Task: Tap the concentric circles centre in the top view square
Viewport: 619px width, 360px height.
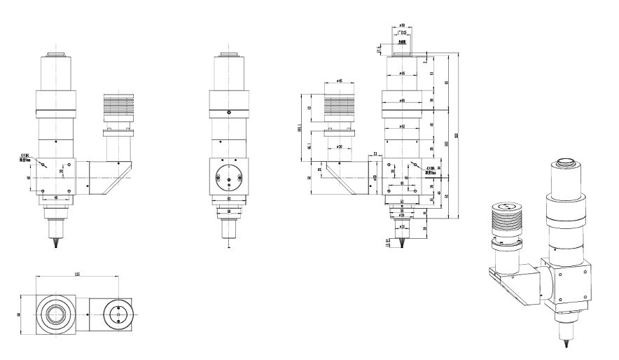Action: pyautogui.click(x=54, y=314)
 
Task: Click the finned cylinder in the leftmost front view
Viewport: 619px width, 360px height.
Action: pyautogui.click(x=116, y=109)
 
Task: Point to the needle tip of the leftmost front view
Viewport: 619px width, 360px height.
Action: pyautogui.click(x=55, y=248)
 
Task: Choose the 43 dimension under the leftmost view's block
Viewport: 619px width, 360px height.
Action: pyautogui.click(x=55, y=198)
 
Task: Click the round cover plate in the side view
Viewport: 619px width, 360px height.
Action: pyautogui.click(x=229, y=178)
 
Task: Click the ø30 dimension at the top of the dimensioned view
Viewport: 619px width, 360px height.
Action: pyautogui.click(x=402, y=26)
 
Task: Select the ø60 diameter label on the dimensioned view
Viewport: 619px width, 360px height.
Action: pyautogui.click(x=402, y=100)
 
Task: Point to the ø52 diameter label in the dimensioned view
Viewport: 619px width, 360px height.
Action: pyautogui.click(x=402, y=126)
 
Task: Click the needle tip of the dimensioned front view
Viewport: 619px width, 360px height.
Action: pyautogui.click(x=402, y=250)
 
